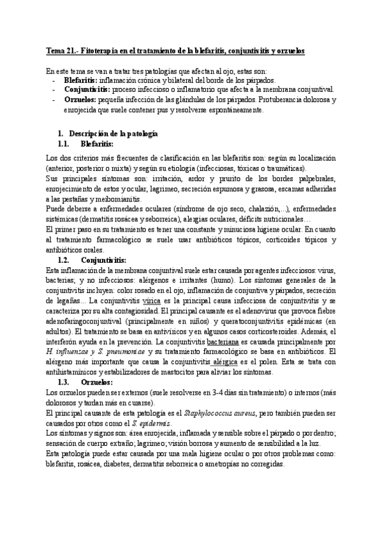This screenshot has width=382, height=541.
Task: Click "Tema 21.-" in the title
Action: (62, 49)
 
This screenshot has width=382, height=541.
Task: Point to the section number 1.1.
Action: (63, 144)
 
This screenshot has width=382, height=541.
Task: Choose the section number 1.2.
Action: (63, 260)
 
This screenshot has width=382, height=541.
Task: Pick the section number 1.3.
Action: (63, 382)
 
